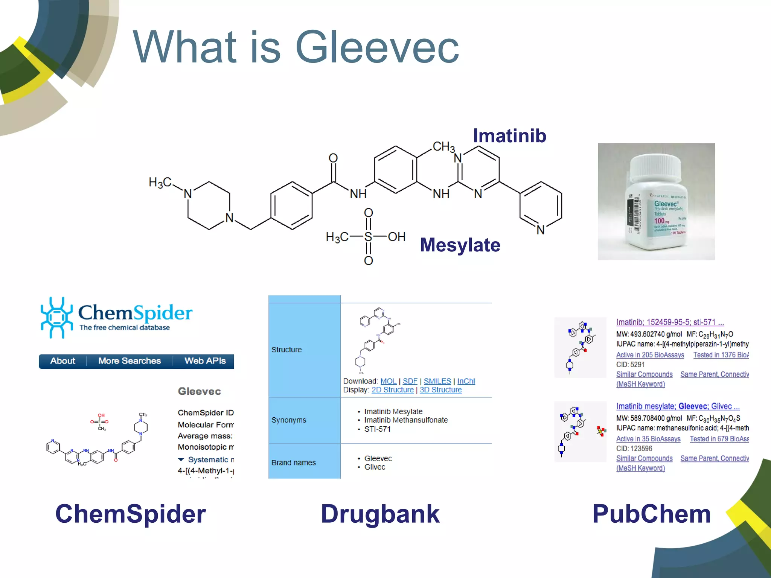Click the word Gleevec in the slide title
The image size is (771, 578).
tap(377, 48)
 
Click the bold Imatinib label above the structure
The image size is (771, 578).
tap(509, 136)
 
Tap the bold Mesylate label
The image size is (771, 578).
tap(460, 245)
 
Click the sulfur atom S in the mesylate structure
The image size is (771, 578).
tap(368, 237)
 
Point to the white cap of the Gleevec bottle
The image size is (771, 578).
tap(655, 166)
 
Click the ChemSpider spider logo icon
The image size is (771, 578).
tap(56, 317)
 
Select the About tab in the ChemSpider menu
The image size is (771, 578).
tap(62, 361)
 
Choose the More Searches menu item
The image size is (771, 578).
tap(130, 361)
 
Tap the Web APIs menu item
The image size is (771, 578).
tap(205, 361)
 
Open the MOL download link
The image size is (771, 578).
tap(388, 381)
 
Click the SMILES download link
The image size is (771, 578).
tap(437, 381)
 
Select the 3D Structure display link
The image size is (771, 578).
tap(440, 390)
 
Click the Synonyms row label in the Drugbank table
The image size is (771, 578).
tap(289, 420)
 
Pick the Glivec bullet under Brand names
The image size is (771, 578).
tap(375, 467)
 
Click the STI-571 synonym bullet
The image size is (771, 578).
tap(377, 429)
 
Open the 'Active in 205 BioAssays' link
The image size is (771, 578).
tap(650, 355)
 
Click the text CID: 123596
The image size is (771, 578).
tap(634, 449)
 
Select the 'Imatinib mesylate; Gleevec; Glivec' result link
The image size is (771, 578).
tap(678, 406)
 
